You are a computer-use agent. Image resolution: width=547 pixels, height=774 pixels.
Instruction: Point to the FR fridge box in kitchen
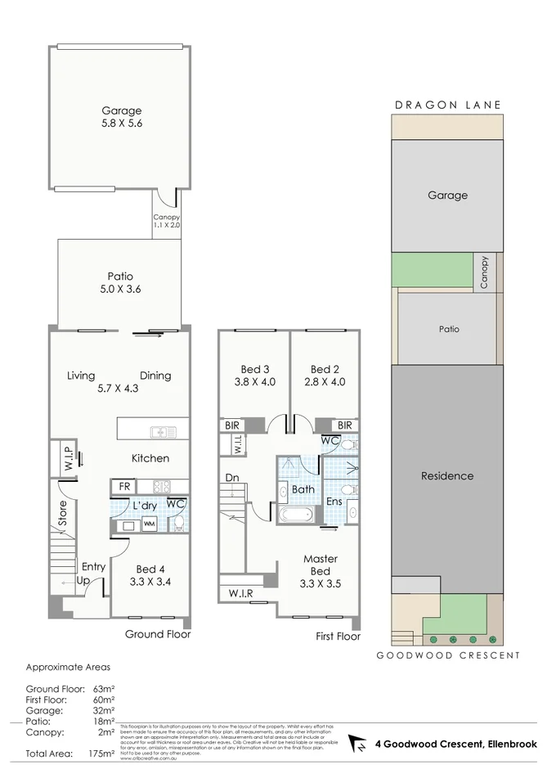coord(125,486)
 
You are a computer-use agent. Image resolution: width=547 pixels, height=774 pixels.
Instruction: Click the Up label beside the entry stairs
coord(83,579)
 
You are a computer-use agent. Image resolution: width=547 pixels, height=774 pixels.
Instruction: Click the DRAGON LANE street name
coord(447,105)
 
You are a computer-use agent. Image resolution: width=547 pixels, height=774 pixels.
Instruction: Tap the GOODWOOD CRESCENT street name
coord(447,655)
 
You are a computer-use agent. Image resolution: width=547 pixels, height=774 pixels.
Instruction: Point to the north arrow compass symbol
coord(356,743)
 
